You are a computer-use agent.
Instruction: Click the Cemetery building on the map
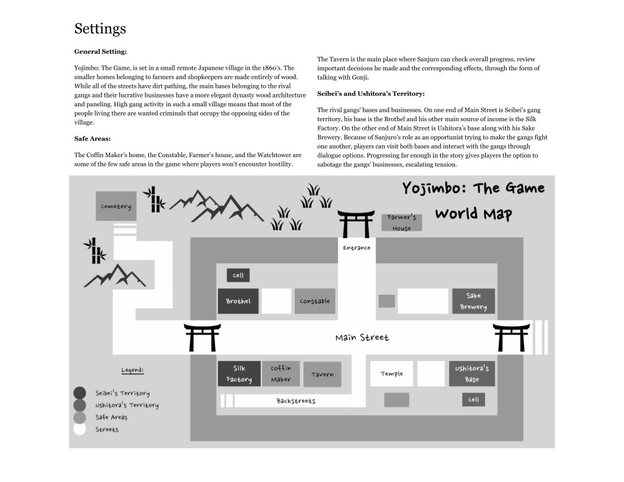[116, 206]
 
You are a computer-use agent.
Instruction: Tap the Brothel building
[238, 301]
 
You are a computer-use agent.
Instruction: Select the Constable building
[314, 301]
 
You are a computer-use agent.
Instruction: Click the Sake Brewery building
[473, 301]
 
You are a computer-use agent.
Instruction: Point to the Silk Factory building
[239, 374]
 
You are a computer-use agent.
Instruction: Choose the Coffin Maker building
[281, 374]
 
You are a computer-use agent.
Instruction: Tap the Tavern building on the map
[322, 374]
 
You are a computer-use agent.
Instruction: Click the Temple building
[392, 374]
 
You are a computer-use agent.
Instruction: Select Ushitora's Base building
[472, 374]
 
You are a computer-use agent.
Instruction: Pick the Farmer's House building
[402, 223]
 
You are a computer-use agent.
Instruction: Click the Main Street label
[362, 337]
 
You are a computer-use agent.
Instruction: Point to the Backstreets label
[295, 401]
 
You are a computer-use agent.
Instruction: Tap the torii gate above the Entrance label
[356, 224]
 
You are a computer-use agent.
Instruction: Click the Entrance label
[356, 248]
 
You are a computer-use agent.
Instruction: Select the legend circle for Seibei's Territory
[80, 393]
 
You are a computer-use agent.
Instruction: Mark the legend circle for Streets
[80, 429]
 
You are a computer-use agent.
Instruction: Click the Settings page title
[100, 28]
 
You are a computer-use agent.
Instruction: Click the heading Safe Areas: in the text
[92, 139]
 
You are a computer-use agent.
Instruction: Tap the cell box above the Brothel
[238, 275]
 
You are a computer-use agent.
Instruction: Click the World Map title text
[473, 213]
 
